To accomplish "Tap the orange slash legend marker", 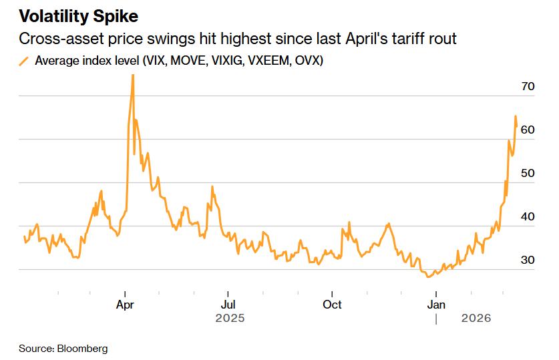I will [25, 61].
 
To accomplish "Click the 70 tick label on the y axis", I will [528, 86].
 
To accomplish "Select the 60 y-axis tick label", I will [528, 130].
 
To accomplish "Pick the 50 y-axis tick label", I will [528, 173].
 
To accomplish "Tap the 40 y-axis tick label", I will [528, 216].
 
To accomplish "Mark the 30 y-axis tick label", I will [528, 260].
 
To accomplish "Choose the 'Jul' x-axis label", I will [228, 305].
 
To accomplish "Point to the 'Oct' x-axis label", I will [332, 305].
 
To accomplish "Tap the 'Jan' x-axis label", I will [436, 305].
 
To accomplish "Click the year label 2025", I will [230, 319].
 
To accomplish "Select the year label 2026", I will [476, 319].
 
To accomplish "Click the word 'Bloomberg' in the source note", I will [82, 349].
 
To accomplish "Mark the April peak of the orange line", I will [132, 75].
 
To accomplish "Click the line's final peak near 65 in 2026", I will [515, 117].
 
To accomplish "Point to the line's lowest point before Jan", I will [428, 276].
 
